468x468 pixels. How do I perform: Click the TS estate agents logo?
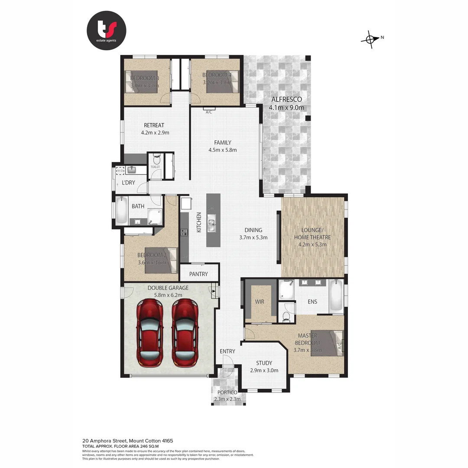[x=106, y=30]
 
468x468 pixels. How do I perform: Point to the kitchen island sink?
[x=212, y=224]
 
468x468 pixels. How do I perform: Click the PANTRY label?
[x=198, y=274]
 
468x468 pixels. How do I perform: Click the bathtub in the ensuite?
[x=336, y=296]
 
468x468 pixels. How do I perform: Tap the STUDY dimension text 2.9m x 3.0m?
[x=264, y=370]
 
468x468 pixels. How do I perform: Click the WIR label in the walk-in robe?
[x=260, y=301]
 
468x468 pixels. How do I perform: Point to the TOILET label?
[x=155, y=167]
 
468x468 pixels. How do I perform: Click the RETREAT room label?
[x=154, y=125]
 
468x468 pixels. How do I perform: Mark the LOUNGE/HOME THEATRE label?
[x=312, y=234]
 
